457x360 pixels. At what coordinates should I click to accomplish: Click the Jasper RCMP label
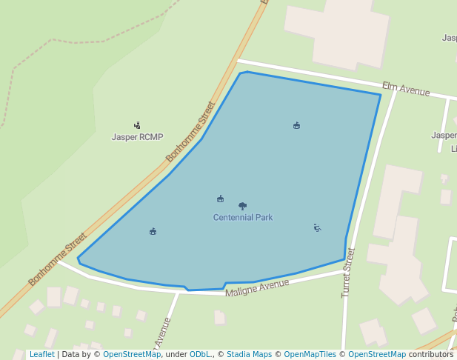click(137, 137)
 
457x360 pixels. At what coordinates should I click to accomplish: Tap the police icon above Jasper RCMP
click(137, 125)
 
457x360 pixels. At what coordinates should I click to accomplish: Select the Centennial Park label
click(243, 218)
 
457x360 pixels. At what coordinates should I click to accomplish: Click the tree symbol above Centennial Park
click(242, 206)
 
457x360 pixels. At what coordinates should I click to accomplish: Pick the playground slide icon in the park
click(317, 227)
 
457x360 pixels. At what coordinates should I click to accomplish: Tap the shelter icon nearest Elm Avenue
click(296, 125)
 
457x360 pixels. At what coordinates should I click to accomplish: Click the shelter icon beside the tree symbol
click(220, 199)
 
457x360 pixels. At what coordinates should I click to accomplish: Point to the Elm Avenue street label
click(406, 90)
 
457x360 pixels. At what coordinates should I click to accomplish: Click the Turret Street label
click(348, 273)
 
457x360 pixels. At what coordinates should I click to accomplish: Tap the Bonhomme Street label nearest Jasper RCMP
click(190, 132)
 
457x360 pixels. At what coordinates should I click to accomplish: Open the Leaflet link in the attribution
click(41, 355)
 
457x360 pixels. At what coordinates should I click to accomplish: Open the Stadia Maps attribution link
click(249, 355)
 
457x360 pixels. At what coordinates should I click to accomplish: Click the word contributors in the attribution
click(430, 355)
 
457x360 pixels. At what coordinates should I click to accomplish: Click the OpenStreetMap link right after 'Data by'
click(132, 355)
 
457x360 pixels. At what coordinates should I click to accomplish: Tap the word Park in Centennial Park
click(264, 218)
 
